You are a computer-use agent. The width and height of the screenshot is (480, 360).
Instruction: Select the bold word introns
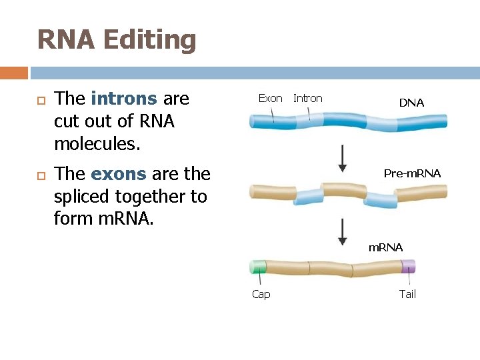pos(124,99)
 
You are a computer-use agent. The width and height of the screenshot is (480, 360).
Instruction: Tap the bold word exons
pos(118,174)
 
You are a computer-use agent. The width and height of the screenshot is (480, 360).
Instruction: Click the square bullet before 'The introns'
pos(36,100)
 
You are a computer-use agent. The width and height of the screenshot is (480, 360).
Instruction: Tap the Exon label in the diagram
pos(270,98)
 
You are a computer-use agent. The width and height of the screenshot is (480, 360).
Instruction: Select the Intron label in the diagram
pos(307,98)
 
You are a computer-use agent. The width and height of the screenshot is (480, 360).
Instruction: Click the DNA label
pos(411,103)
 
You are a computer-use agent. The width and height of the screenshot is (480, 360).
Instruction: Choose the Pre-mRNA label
pos(412,173)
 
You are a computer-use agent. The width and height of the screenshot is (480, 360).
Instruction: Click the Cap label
pos(261,294)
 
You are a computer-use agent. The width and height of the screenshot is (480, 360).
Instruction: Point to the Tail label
pos(407,294)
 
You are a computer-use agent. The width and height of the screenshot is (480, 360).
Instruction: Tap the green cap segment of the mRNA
pos(257,267)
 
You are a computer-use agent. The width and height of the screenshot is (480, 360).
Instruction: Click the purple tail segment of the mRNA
pos(408,267)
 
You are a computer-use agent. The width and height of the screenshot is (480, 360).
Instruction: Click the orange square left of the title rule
pos(14,73)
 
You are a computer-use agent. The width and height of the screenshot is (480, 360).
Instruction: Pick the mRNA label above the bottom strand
pos(385,247)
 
